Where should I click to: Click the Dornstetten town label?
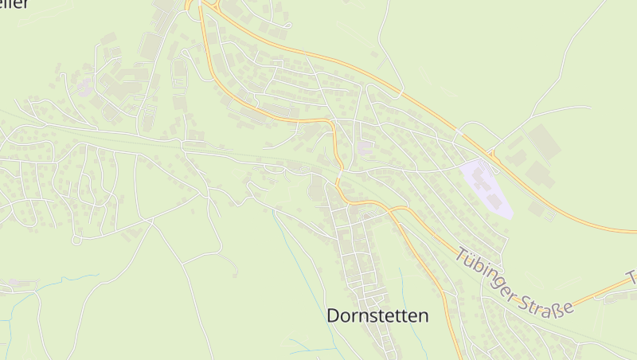tap(377, 315)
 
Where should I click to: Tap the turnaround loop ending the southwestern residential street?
tap(76, 239)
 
